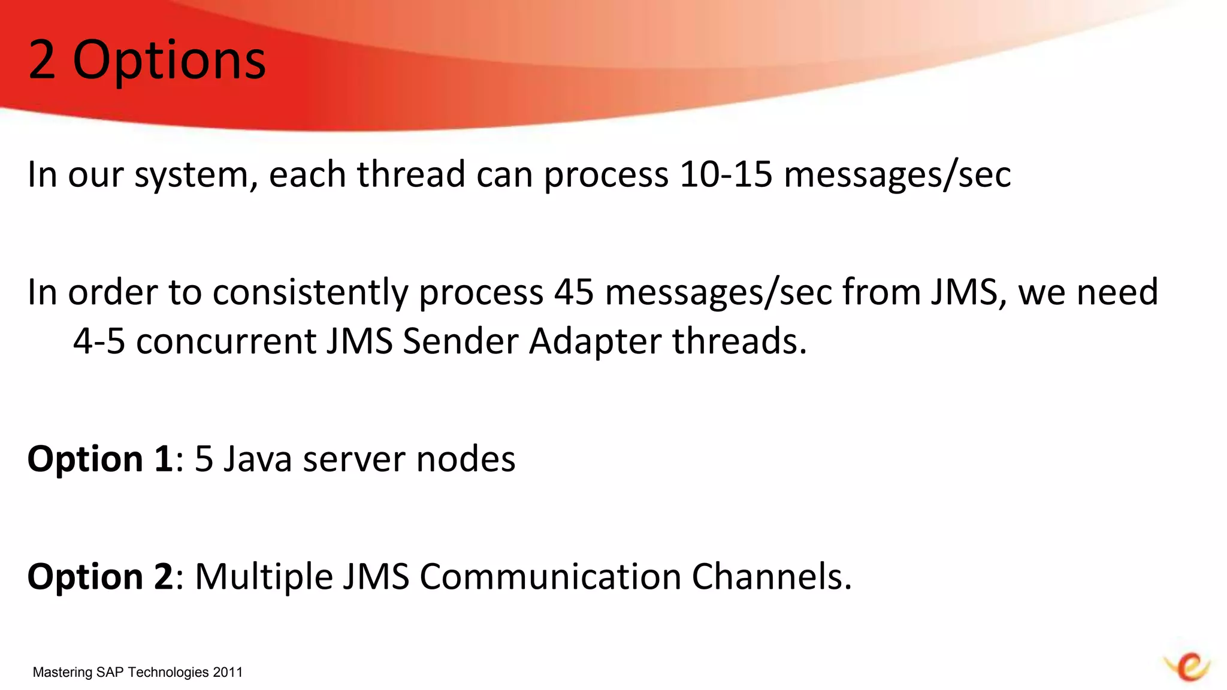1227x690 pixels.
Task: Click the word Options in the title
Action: point(169,61)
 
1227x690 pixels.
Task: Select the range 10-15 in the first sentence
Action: point(726,174)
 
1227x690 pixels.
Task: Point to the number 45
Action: point(574,292)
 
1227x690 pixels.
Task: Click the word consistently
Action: point(310,293)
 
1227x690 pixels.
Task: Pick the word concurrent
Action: point(226,341)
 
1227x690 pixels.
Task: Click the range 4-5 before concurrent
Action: point(99,341)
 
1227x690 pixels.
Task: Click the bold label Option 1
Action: point(100,459)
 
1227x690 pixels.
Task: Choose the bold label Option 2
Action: point(100,577)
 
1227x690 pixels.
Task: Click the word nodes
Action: point(466,459)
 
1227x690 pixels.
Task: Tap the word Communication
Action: point(551,577)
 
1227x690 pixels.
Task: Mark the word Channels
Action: point(771,577)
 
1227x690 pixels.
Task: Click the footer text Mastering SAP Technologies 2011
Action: point(138,672)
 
